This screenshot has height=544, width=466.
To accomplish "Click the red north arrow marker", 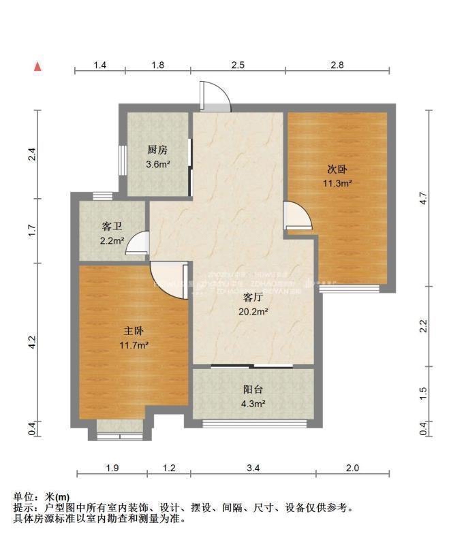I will [x=38, y=66].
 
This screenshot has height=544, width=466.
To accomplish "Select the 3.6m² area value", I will [x=157, y=164].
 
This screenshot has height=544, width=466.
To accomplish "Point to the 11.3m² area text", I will [x=337, y=183].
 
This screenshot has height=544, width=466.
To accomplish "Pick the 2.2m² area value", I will [x=112, y=240].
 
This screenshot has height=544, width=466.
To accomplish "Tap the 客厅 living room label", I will [x=253, y=298].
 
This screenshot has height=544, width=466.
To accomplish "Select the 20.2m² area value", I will [x=253, y=312].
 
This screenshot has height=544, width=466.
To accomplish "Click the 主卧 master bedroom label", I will [x=134, y=332].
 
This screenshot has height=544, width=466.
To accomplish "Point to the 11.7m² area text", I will [x=134, y=345].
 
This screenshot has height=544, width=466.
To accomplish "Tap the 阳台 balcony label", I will [x=253, y=390].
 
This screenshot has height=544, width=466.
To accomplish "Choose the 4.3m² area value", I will [x=253, y=404].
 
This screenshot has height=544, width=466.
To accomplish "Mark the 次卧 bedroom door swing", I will [x=298, y=217].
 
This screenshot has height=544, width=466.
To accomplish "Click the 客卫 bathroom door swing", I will [x=138, y=243].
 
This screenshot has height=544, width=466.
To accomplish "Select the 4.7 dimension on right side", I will [x=424, y=199].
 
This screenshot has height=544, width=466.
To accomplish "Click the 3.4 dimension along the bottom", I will [x=252, y=468].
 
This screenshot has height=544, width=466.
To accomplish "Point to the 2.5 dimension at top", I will [x=237, y=65].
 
